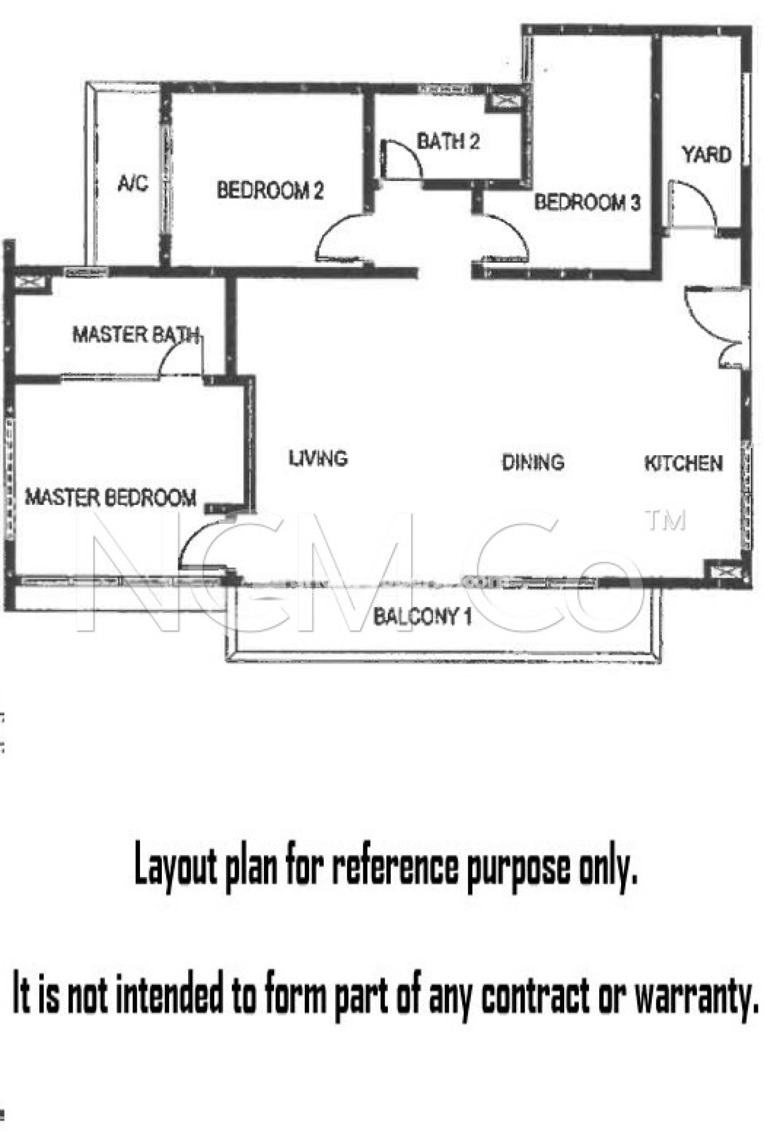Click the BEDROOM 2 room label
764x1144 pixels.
click(x=270, y=190)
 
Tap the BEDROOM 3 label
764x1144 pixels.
click(x=587, y=202)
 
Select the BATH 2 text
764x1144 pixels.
click(x=448, y=141)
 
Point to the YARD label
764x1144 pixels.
click(x=707, y=154)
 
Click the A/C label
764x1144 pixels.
click(x=133, y=183)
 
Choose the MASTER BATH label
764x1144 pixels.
click(x=136, y=335)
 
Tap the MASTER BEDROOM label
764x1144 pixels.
click(x=110, y=497)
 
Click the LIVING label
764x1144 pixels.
click(x=318, y=458)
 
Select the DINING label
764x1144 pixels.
click(x=533, y=463)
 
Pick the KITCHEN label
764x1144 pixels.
click(x=684, y=463)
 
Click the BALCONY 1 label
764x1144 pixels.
click(x=422, y=617)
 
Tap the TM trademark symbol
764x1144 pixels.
click(x=665, y=520)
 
